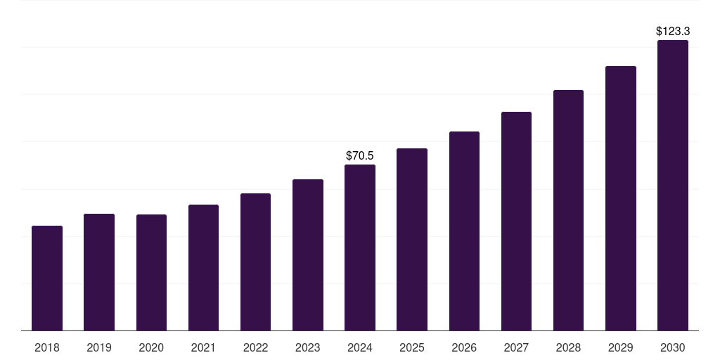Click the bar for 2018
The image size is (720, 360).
(x=47, y=278)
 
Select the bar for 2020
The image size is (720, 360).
(x=151, y=272)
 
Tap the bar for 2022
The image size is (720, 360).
(x=255, y=262)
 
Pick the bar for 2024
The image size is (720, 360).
(x=360, y=247)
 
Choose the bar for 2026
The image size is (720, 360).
(x=464, y=231)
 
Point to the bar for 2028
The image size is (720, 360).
(x=568, y=210)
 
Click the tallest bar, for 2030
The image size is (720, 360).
(x=673, y=185)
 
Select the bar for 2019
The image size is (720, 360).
(x=99, y=272)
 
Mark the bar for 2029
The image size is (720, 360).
(x=621, y=198)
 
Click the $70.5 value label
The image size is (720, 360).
(x=360, y=155)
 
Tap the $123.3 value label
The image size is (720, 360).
(x=673, y=31)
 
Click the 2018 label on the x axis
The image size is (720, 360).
(x=47, y=347)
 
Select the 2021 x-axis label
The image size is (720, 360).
(x=203, y=347)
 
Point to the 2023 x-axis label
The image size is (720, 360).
(x=308, y=347)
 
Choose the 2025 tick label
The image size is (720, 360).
(x=412, y=347)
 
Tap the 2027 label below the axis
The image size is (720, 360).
(x=516, y=347)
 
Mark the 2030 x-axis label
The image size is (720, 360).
(x=673, y=347)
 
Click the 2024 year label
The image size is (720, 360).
(x=360, y=347)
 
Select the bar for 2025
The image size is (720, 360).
(x=412, y=239)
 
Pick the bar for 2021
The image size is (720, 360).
(x=203, y=267)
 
